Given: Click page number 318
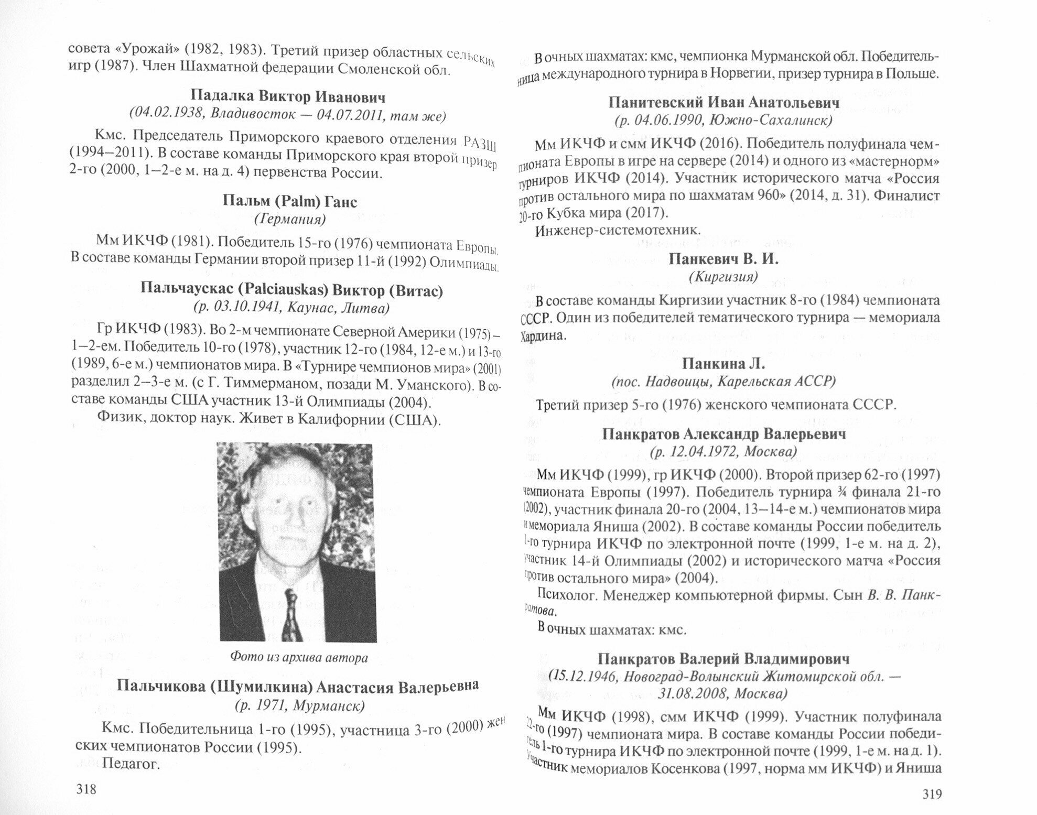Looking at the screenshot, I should (87, 788).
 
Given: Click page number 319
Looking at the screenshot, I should (931, 794).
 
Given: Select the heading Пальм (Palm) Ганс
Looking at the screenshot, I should (289, 201).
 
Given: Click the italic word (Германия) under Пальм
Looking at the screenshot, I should (289, 219).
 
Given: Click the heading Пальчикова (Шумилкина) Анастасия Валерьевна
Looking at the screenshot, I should (298, 686).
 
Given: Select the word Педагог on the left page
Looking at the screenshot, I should (131, 764).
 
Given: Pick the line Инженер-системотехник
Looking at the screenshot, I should (618, 230).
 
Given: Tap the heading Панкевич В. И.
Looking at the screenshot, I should (723, 259).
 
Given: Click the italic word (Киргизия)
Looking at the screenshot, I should (723, 276).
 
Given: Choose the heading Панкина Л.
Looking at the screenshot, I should (723, 364).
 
